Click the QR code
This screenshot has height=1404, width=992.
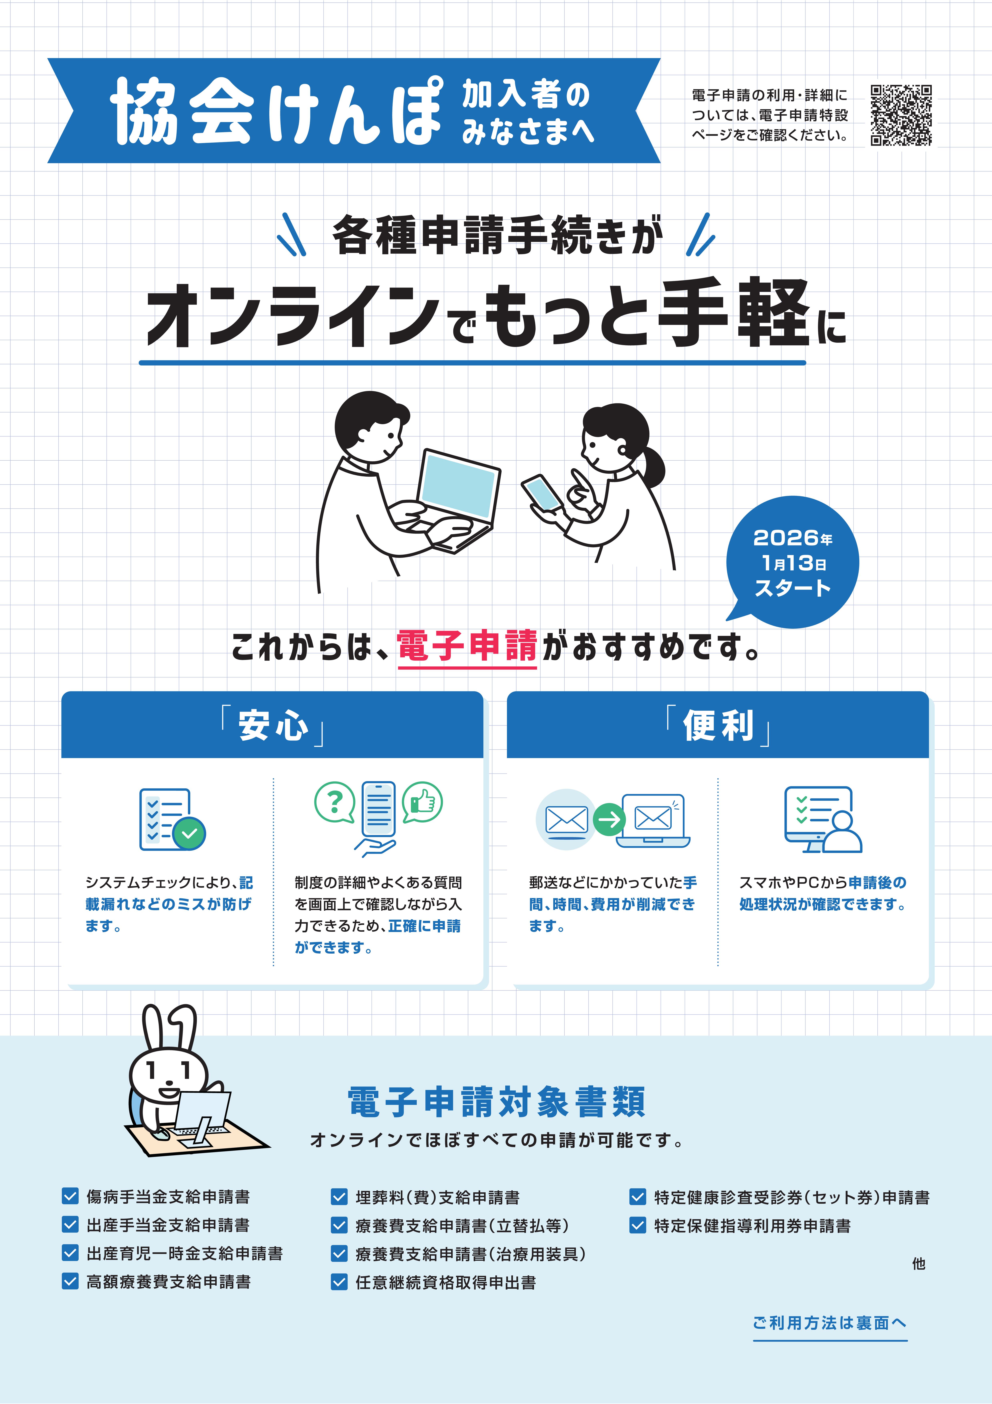(901, 115)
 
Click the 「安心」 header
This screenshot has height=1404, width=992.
(272, 725)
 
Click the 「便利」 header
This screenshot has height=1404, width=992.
(717, 725)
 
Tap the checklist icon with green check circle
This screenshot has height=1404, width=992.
(172, 819)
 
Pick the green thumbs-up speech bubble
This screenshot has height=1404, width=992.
(422, 802)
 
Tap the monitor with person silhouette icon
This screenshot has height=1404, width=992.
(823, 819)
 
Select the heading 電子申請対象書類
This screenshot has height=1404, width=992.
(496, 1102)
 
